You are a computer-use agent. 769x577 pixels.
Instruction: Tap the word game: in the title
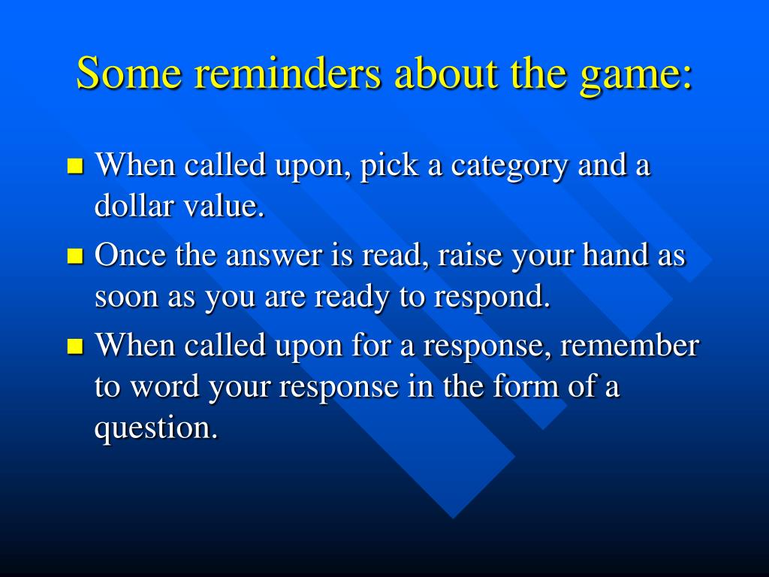pos(636,76)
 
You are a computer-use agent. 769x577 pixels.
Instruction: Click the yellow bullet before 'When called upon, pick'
pos(75,166)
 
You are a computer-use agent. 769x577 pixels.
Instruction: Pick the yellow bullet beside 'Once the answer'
pos(75,255)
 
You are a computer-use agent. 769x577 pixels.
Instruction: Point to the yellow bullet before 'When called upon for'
pos(75,346)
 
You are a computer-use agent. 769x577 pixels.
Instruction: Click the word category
pos(508,167)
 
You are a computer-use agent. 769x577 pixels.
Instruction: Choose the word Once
pos(130,255)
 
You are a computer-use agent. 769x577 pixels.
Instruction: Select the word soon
pos(126,298)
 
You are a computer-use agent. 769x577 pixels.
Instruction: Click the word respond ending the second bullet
pos(492,298)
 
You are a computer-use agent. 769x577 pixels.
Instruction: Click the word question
pos(156,429)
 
